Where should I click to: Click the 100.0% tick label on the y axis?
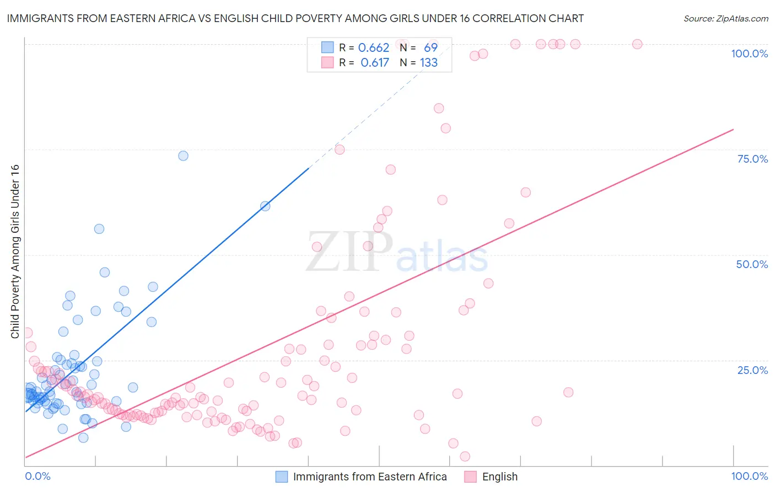[749, 54]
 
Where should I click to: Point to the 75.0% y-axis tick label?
[752, 159]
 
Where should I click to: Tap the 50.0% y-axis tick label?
[752, 264]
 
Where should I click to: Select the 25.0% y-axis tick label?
[752, 370]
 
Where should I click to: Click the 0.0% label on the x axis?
[37, 476]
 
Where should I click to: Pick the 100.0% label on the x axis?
[749, 476]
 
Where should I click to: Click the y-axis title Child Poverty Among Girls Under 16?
[15, 252]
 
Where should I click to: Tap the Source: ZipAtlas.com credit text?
[725, 18]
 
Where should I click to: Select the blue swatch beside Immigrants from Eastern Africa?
[282, 477]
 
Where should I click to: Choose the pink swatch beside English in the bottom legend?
[470, 477]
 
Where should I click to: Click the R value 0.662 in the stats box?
[374, 48]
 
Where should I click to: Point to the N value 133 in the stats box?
[429, 63]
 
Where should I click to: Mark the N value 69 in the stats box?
[430, 48]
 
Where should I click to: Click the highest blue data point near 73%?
[183, 156]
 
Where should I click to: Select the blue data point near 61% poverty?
[265, 206]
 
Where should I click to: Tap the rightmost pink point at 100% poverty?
[637, 44]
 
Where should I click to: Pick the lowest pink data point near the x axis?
[465, 456]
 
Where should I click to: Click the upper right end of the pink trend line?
[733, 130]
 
